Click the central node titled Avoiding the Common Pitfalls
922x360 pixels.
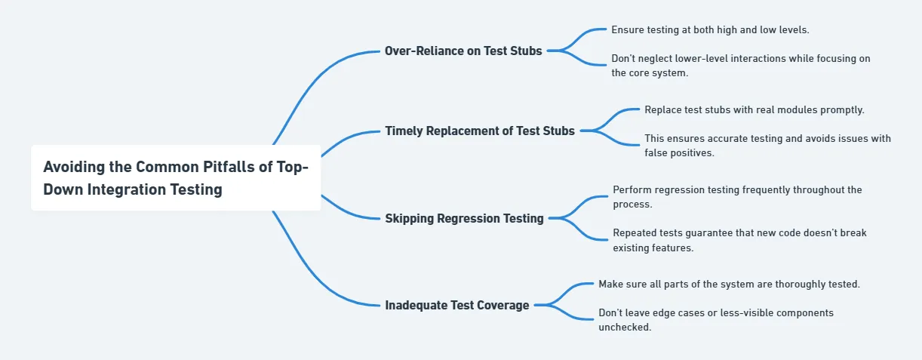(176, 178)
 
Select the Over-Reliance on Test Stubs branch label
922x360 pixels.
(463, 51)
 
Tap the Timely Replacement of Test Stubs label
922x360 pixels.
(480, 131)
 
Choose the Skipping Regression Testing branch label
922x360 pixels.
(464, 218)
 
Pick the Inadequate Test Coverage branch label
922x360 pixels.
(456, 305)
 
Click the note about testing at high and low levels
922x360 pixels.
(710, 29)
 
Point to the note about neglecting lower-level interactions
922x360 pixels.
(741, 66)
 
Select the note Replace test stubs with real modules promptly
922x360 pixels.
(754, 109)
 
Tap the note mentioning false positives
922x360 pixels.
(767, 146)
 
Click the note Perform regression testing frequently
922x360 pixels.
(737, 197)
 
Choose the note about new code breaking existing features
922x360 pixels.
(739, 240)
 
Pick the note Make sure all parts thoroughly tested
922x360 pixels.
(729, 284)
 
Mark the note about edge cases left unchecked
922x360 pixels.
(716, 319)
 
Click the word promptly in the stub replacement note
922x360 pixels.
(844, 109)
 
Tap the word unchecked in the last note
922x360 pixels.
(625, 327)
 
